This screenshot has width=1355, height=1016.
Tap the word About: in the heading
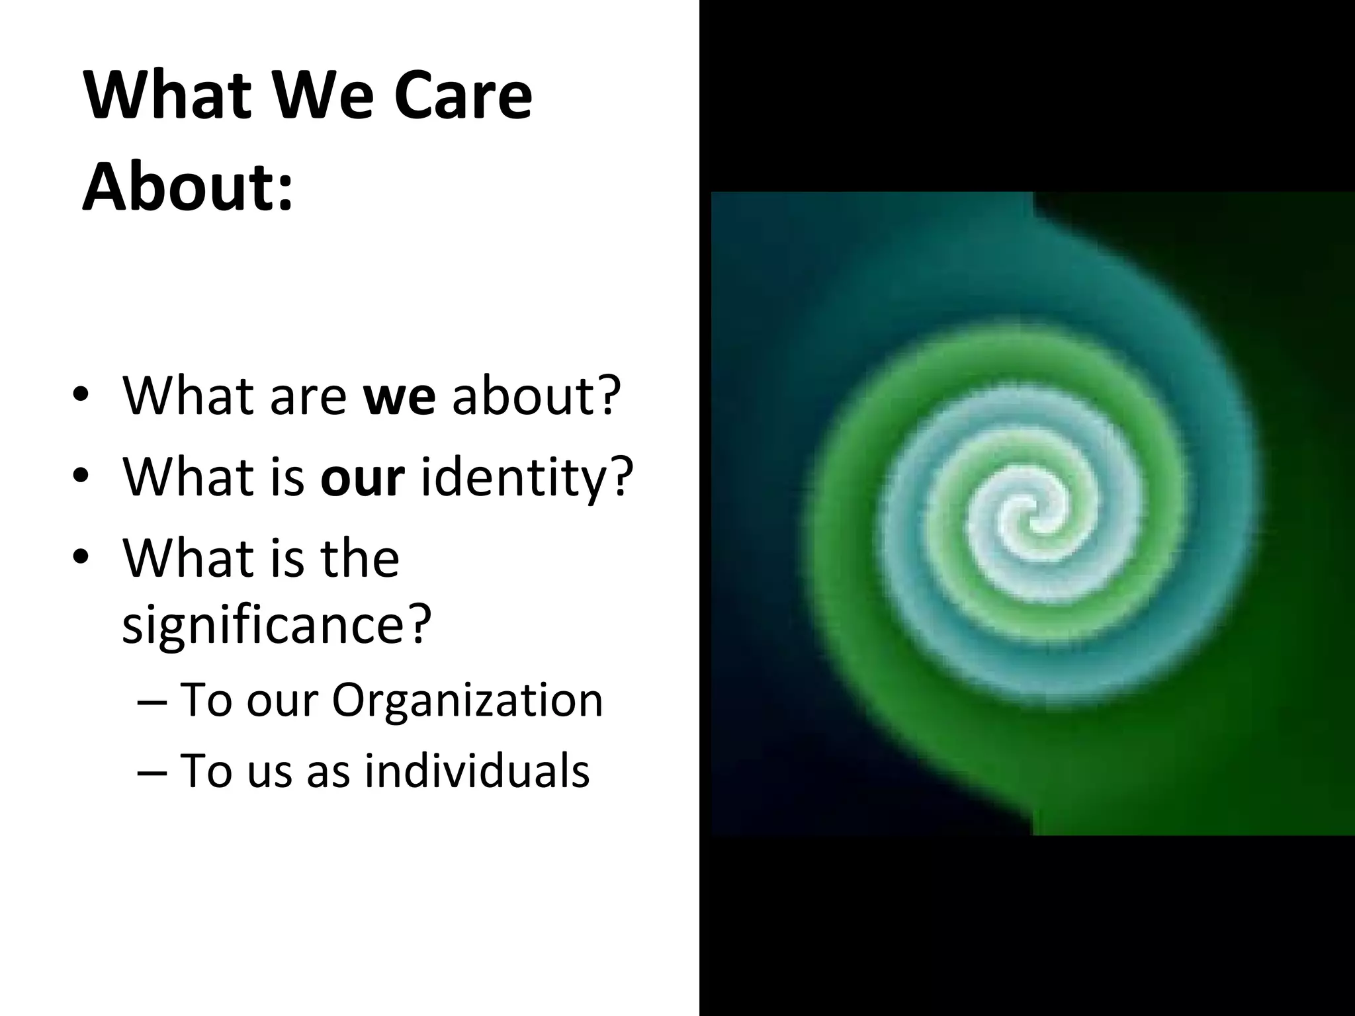pos(187,187)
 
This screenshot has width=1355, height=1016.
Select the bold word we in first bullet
pos(400,396)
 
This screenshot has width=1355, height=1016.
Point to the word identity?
pos(527,478)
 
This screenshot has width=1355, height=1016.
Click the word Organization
pos(467,700)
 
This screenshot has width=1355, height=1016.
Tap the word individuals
pos(476,771)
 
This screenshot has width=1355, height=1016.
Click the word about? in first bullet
pos(537,396)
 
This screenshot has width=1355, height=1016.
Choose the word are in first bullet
pos(308,396)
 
